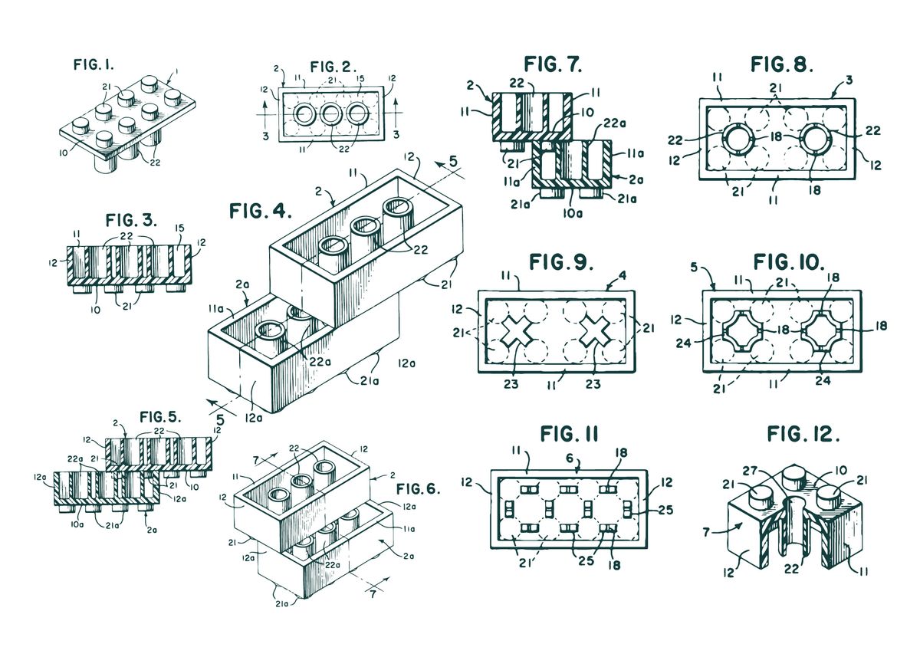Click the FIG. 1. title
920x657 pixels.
coord(94,64)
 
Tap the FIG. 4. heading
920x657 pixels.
coord(261,211)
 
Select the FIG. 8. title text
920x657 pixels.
coord(781,64)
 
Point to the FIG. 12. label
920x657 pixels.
coord(803,434)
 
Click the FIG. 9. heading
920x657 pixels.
coord(561,262)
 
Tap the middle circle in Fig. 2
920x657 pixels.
coord(330,113)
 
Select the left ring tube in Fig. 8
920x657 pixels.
coord(738,140)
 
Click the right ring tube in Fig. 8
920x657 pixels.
coord(816,140)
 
